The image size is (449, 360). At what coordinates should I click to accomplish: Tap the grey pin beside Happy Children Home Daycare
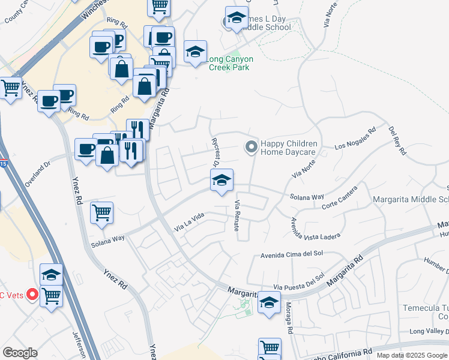pos(251,146)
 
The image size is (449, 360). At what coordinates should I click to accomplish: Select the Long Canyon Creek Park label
pos(231,63)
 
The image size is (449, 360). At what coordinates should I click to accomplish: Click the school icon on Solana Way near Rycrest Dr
pos(221,181)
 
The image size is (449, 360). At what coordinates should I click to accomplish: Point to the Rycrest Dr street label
pos(215,152)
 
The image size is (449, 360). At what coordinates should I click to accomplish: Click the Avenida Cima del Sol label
pos(292,254)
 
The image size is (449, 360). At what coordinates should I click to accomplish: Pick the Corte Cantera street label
pos(340,197)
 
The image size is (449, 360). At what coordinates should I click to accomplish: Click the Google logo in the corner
pos(20,353)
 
